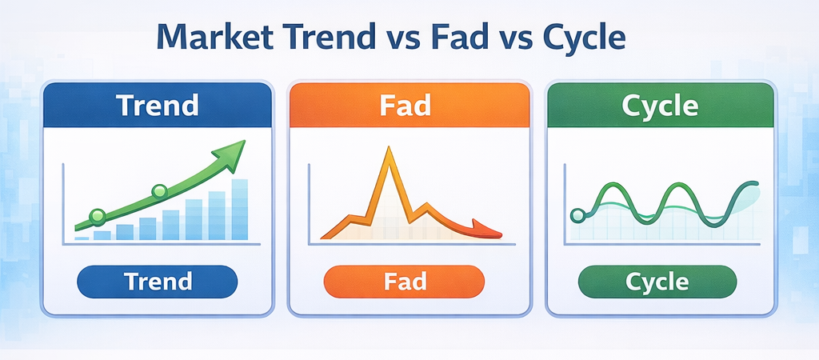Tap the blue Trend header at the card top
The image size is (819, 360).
[x=158, y=106]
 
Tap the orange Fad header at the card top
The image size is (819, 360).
[x=408, y=106]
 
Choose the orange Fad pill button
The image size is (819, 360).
[x=405, y=282]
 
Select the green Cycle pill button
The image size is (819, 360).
[x=657, y=282]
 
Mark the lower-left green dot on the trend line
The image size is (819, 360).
[x=98, y=215]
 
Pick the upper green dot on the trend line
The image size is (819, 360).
[x=159, y=191]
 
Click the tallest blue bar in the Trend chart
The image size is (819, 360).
[x=239, y=210]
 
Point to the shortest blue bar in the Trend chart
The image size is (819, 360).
[x=82, y=238]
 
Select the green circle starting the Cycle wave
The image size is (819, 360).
[x=577, y=214]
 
